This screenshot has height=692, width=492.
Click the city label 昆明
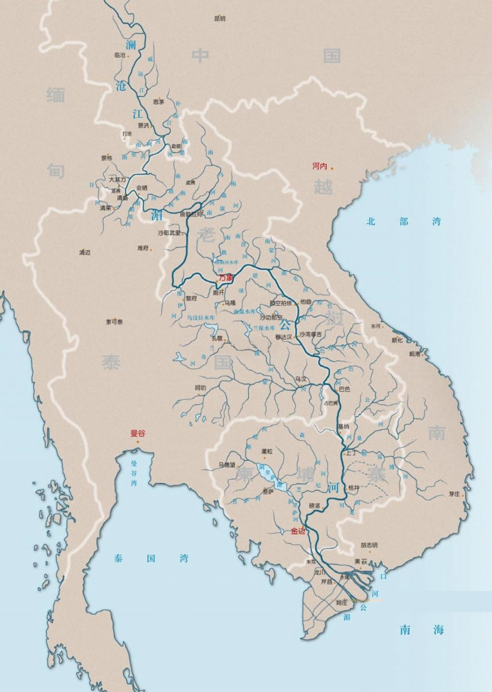click(219, 19)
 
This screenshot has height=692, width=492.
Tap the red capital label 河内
click(320, 166)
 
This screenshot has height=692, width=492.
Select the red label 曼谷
click(138, 433)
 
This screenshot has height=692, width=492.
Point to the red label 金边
click(298, 531)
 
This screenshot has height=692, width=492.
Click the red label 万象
click(226, 277)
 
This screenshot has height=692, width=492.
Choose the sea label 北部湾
click(404, 221)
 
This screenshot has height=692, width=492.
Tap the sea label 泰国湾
click(151, 558)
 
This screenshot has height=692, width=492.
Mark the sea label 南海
click(422, 630)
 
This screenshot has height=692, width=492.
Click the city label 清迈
click(84, 252)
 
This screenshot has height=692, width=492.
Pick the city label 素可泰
click(114, 322)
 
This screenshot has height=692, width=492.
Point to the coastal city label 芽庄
click(454, 494)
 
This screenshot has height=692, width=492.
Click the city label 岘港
click(414, 354)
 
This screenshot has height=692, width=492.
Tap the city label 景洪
click(143, 125)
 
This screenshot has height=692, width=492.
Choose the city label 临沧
click(120, 55)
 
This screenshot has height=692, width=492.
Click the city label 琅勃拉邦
click(191, 215)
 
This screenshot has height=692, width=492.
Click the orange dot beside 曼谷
click(138, 442)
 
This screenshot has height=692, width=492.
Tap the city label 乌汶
click(301, 379)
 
